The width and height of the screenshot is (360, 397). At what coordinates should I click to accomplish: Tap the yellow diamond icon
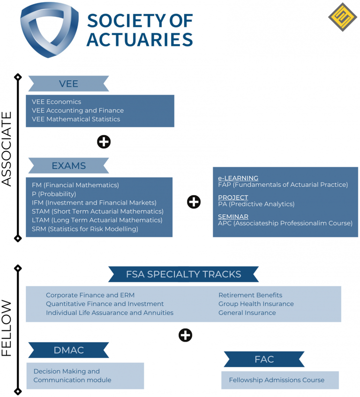343,17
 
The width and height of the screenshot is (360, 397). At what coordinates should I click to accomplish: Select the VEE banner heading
68,84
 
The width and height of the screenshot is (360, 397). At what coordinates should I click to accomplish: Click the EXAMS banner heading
68,166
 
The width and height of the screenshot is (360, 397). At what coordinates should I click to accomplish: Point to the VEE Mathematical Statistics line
76,119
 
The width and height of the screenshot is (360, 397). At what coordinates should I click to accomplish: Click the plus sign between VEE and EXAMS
104,142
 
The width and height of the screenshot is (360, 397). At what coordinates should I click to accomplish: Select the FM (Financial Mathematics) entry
75,185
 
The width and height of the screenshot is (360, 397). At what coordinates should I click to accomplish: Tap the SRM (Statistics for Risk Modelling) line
85,229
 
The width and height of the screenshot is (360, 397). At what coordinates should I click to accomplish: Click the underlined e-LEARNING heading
238,178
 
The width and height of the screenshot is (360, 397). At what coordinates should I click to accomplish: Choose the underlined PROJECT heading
233,198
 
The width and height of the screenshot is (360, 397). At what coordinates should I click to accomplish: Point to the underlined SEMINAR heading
233,217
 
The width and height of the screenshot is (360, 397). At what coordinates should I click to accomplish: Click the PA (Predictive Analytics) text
256,204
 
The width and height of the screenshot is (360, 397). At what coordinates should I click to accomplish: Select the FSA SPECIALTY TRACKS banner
183,275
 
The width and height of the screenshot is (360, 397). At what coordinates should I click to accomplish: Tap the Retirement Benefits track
250,295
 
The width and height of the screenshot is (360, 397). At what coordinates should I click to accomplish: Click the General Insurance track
247,313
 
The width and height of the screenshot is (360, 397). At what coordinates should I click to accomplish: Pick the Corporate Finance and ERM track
90,295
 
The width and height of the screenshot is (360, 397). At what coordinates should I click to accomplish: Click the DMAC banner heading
68,350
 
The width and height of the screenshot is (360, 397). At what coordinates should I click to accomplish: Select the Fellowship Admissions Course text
277,380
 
